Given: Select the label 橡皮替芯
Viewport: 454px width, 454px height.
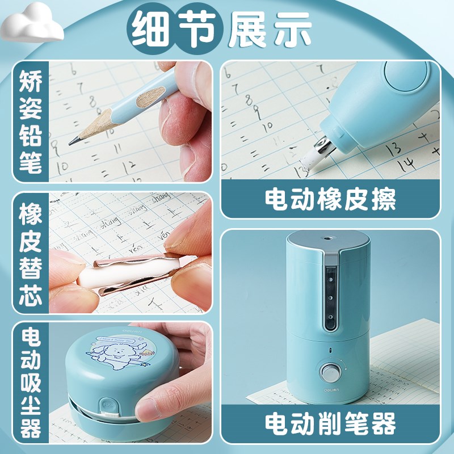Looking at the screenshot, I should click(x=30, y=253).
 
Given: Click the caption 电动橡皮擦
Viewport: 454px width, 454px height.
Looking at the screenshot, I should click(x=330, y=199).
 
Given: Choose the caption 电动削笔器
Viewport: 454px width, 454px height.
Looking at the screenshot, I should click(x=330, y=423).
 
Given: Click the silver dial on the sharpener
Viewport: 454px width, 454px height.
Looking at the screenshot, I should click(x=329, y=372).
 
